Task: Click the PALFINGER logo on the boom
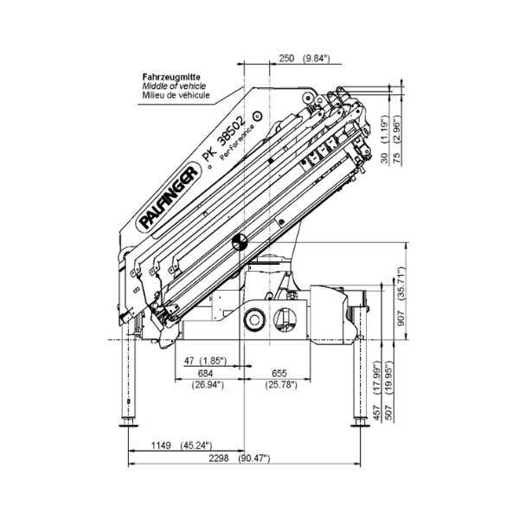click(x=168, y=198)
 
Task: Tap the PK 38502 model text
click(x=225, y=138)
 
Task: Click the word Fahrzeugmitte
click(x=171, y=77)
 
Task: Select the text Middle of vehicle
click(x=174, y=86)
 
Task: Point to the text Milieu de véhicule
click(x=176, y=95)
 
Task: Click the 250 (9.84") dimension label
click(x=304, y=59)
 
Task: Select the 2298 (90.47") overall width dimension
click(x=240, y=458)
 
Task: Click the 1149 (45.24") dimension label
click(x=182, y=445)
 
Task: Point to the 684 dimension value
click(x=205, y=374)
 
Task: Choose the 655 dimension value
click(x=279, y=374)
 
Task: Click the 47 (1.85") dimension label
click(x=205, y=361)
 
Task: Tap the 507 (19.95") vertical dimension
click(x=390, y=391)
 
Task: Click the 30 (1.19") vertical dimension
click(x=384, y=139)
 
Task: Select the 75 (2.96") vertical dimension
click(x=396, y=140)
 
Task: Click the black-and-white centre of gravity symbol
click(x=240, y=242)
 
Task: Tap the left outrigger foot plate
click(x=128, y=425)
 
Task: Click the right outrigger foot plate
click(x=360, y=425)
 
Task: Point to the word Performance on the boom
click(x=237, y=142)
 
